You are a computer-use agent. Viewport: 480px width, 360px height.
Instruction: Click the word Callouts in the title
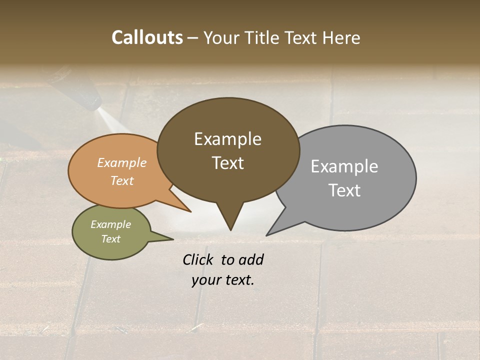147,38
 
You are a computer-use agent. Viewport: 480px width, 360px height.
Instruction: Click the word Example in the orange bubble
122,162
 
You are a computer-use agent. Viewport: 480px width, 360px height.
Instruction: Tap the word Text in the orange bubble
122,180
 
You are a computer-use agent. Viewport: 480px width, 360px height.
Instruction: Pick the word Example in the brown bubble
227,139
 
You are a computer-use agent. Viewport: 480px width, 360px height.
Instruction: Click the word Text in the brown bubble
227,163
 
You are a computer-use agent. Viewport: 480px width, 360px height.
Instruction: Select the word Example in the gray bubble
344,166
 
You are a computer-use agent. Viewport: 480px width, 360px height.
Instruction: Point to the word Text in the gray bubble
344,190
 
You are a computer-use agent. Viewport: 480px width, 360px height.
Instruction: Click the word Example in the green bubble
110,224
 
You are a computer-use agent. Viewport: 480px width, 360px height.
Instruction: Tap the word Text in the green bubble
110,239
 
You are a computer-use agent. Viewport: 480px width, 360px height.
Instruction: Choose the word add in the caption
250,259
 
